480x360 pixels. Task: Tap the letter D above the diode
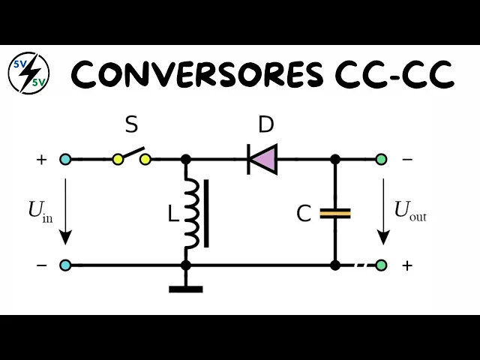265,125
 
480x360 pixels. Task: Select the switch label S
131,125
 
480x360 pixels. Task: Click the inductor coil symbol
192,214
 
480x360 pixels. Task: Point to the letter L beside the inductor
173,215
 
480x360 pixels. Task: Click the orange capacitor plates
335,214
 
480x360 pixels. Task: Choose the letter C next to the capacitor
304,214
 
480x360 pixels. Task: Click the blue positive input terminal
65,159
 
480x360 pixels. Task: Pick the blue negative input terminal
65,265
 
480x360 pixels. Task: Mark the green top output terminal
381,159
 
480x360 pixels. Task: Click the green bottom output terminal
381,265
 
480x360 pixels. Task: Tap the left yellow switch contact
118,159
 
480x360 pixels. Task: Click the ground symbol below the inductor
186,287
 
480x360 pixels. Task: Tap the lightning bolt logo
28,73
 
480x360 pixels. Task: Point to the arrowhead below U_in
65,237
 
